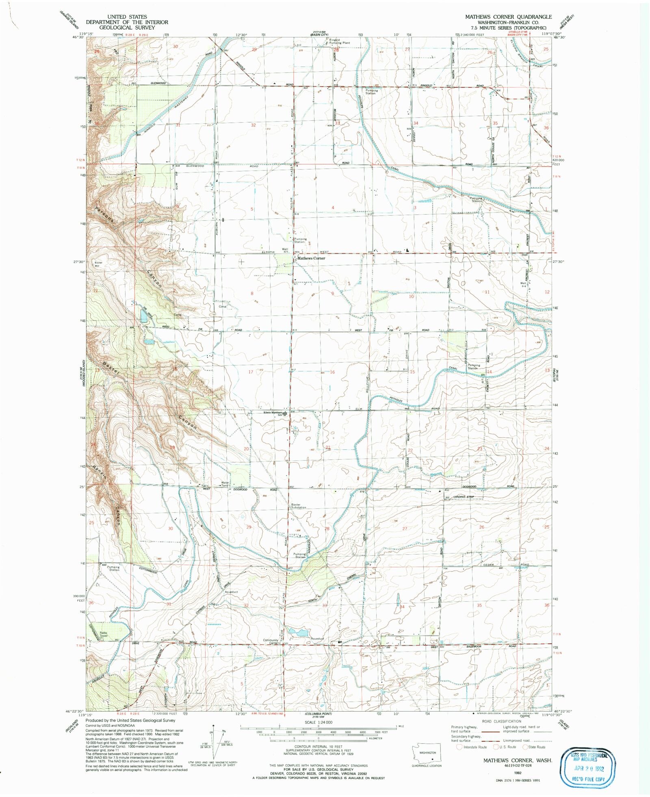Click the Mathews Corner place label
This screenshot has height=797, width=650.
point(311,258)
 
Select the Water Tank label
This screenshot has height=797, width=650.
point(225,484)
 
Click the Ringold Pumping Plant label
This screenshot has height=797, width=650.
point(339,41)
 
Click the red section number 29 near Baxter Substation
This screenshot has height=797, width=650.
point(249,527)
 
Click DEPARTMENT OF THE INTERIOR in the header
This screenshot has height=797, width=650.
point(126,22)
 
